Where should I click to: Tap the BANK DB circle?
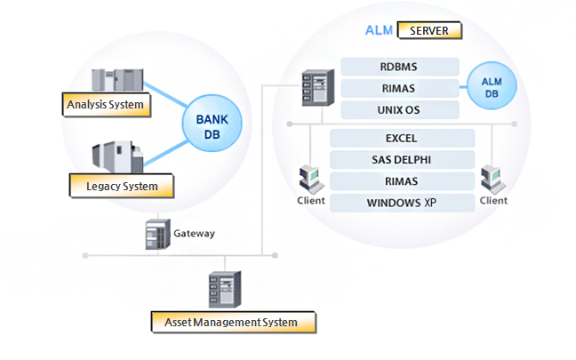209,126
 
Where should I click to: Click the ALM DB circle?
492,87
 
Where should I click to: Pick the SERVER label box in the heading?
430,30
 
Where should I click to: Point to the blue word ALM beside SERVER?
380,30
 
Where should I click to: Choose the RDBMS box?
400,67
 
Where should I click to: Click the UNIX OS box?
400,110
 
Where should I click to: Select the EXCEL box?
402,138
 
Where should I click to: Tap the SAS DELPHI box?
402,159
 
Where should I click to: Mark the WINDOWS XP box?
402,203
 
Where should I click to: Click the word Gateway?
194,234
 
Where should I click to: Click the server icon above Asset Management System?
224,289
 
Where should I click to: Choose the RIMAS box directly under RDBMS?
400,88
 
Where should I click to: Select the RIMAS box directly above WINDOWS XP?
402,181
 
